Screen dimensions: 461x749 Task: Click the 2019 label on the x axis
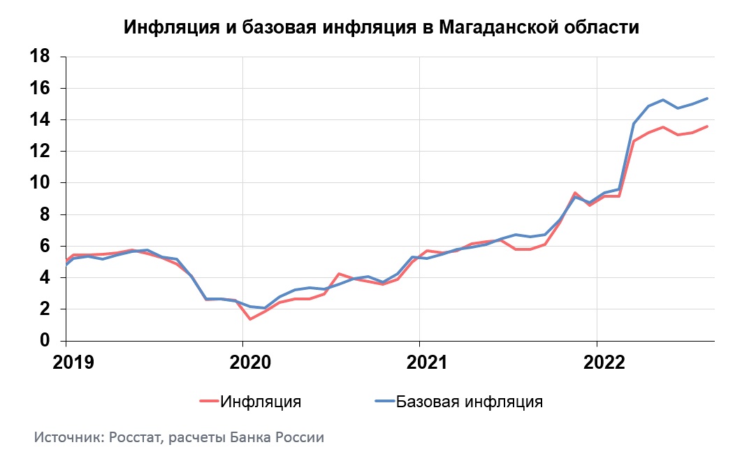tap(66, 363)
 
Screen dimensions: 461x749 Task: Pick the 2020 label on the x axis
tap(242, 363)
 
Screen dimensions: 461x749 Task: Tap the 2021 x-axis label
tap(419, 363)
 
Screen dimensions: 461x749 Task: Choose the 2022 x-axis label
tap(596, 363)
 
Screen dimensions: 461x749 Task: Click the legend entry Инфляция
tap(261, 402)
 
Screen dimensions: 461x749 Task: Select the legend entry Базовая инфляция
tap(469, 402)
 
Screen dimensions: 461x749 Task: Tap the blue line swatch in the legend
tap(385, 402)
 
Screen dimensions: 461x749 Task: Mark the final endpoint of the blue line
tap(707, 98)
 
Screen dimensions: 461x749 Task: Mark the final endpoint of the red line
tap(707, 126)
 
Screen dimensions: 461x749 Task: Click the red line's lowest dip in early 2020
tap(249, 319)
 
